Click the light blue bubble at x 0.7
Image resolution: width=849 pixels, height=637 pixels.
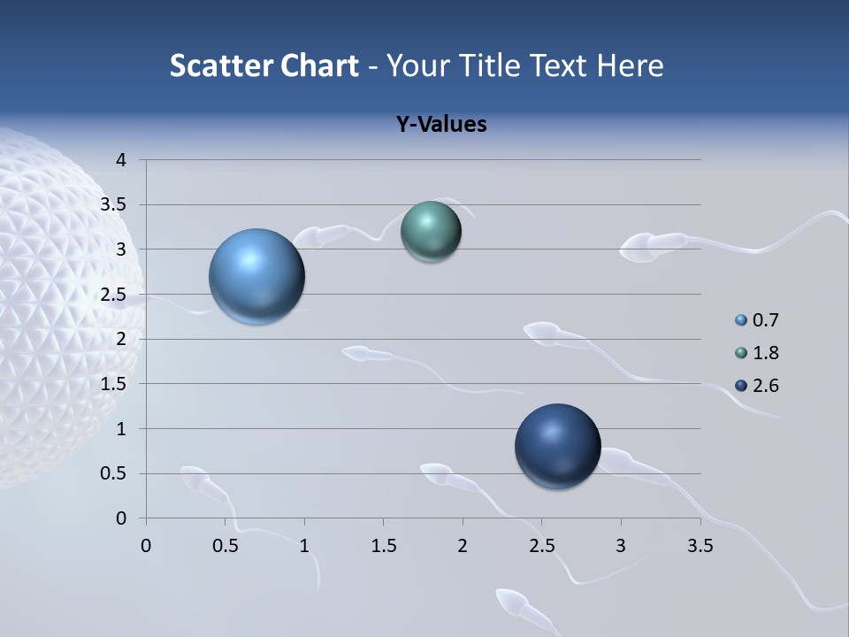[257, 276]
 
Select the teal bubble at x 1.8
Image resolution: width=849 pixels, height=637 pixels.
[431, 231]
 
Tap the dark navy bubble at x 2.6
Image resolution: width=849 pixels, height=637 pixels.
[557, 446]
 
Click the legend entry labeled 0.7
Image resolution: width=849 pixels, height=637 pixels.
[765, 320]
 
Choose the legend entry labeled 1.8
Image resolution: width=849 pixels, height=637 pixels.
[765, 353]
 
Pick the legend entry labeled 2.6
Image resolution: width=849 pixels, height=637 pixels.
[765, 386]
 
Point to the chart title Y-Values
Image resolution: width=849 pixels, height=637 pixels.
[440, 125]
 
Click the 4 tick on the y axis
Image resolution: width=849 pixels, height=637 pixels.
[121, 160]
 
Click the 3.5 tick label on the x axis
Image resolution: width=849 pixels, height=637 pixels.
[700, 546]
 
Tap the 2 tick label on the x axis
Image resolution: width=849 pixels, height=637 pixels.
[462, 546]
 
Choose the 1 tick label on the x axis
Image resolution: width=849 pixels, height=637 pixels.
[304, 546]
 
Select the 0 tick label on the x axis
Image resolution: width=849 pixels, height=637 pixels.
[146, 546]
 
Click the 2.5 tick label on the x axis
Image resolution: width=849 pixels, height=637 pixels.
[541, 546]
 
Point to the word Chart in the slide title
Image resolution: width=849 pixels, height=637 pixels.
[319, 65]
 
